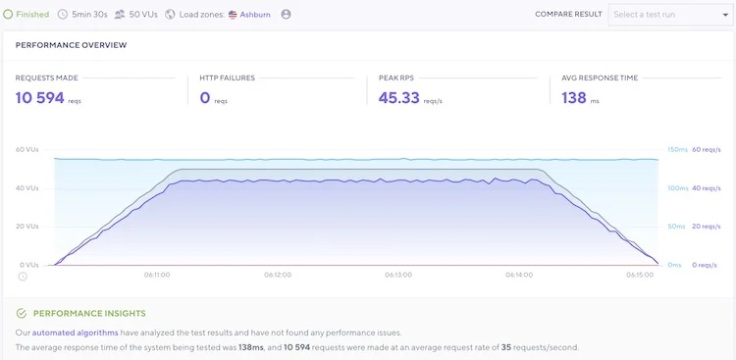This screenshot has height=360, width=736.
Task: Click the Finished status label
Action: pos(32,15)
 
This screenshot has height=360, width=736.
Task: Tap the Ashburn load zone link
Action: pos(255,15)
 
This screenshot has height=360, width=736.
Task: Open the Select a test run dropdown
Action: pos(671,15)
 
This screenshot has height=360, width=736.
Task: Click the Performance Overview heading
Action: pos(71,45)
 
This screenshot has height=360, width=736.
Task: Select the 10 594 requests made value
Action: pos(40,98)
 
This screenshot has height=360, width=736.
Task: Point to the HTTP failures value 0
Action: pos(205,98)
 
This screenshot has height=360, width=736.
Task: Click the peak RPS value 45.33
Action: pos(399,98)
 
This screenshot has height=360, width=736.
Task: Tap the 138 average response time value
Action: pos(574,98)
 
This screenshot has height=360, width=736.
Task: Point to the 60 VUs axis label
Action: pos(27,150)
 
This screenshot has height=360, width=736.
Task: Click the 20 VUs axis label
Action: pos(27,227)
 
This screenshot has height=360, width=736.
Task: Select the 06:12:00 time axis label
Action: pos(278,275)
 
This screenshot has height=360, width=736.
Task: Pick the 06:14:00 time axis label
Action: pos(519,275)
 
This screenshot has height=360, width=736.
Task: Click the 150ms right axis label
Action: pos(677,150)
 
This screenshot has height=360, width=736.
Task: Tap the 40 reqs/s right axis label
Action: pos(707,188)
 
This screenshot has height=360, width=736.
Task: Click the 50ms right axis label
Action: pos(676,227)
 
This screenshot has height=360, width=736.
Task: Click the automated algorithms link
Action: pos(76,333)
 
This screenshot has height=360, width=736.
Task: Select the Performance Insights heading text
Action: pos(89,314)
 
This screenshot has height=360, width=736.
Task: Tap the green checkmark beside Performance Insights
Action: pos(22,314)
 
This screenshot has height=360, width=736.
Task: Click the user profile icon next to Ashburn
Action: pos(286,15)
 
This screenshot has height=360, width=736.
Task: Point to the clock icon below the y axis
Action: pos(22,277)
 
